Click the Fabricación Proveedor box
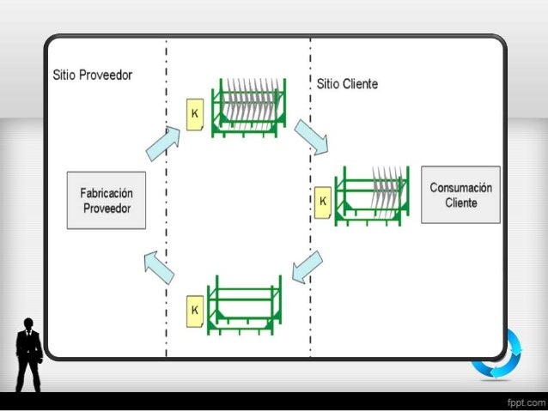106,199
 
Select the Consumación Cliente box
460,195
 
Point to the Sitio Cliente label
347,84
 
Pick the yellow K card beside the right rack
322,201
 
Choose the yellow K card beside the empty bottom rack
195,307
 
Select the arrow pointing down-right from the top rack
311,137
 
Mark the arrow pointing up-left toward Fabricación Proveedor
159,266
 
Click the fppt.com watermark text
524,402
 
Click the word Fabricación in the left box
107,192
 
